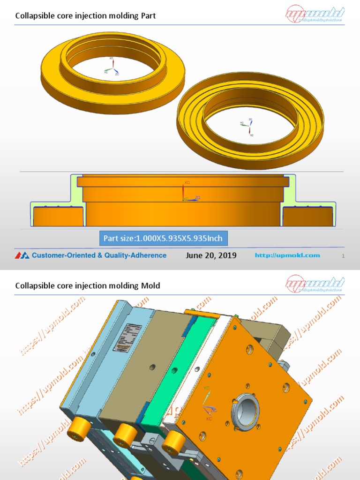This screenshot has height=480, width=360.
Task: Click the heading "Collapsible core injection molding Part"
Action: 85,16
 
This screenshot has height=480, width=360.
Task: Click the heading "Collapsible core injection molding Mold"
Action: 88,285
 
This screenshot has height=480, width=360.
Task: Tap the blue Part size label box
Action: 163,238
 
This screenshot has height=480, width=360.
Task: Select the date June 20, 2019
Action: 211,255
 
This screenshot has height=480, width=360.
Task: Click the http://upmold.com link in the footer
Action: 287,255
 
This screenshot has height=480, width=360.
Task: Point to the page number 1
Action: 344,256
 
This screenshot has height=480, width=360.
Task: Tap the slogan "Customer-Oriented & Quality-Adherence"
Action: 99,255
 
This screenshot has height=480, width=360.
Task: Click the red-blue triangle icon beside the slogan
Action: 22,255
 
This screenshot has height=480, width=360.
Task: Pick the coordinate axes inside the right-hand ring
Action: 247,126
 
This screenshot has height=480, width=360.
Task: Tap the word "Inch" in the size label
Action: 215,238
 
